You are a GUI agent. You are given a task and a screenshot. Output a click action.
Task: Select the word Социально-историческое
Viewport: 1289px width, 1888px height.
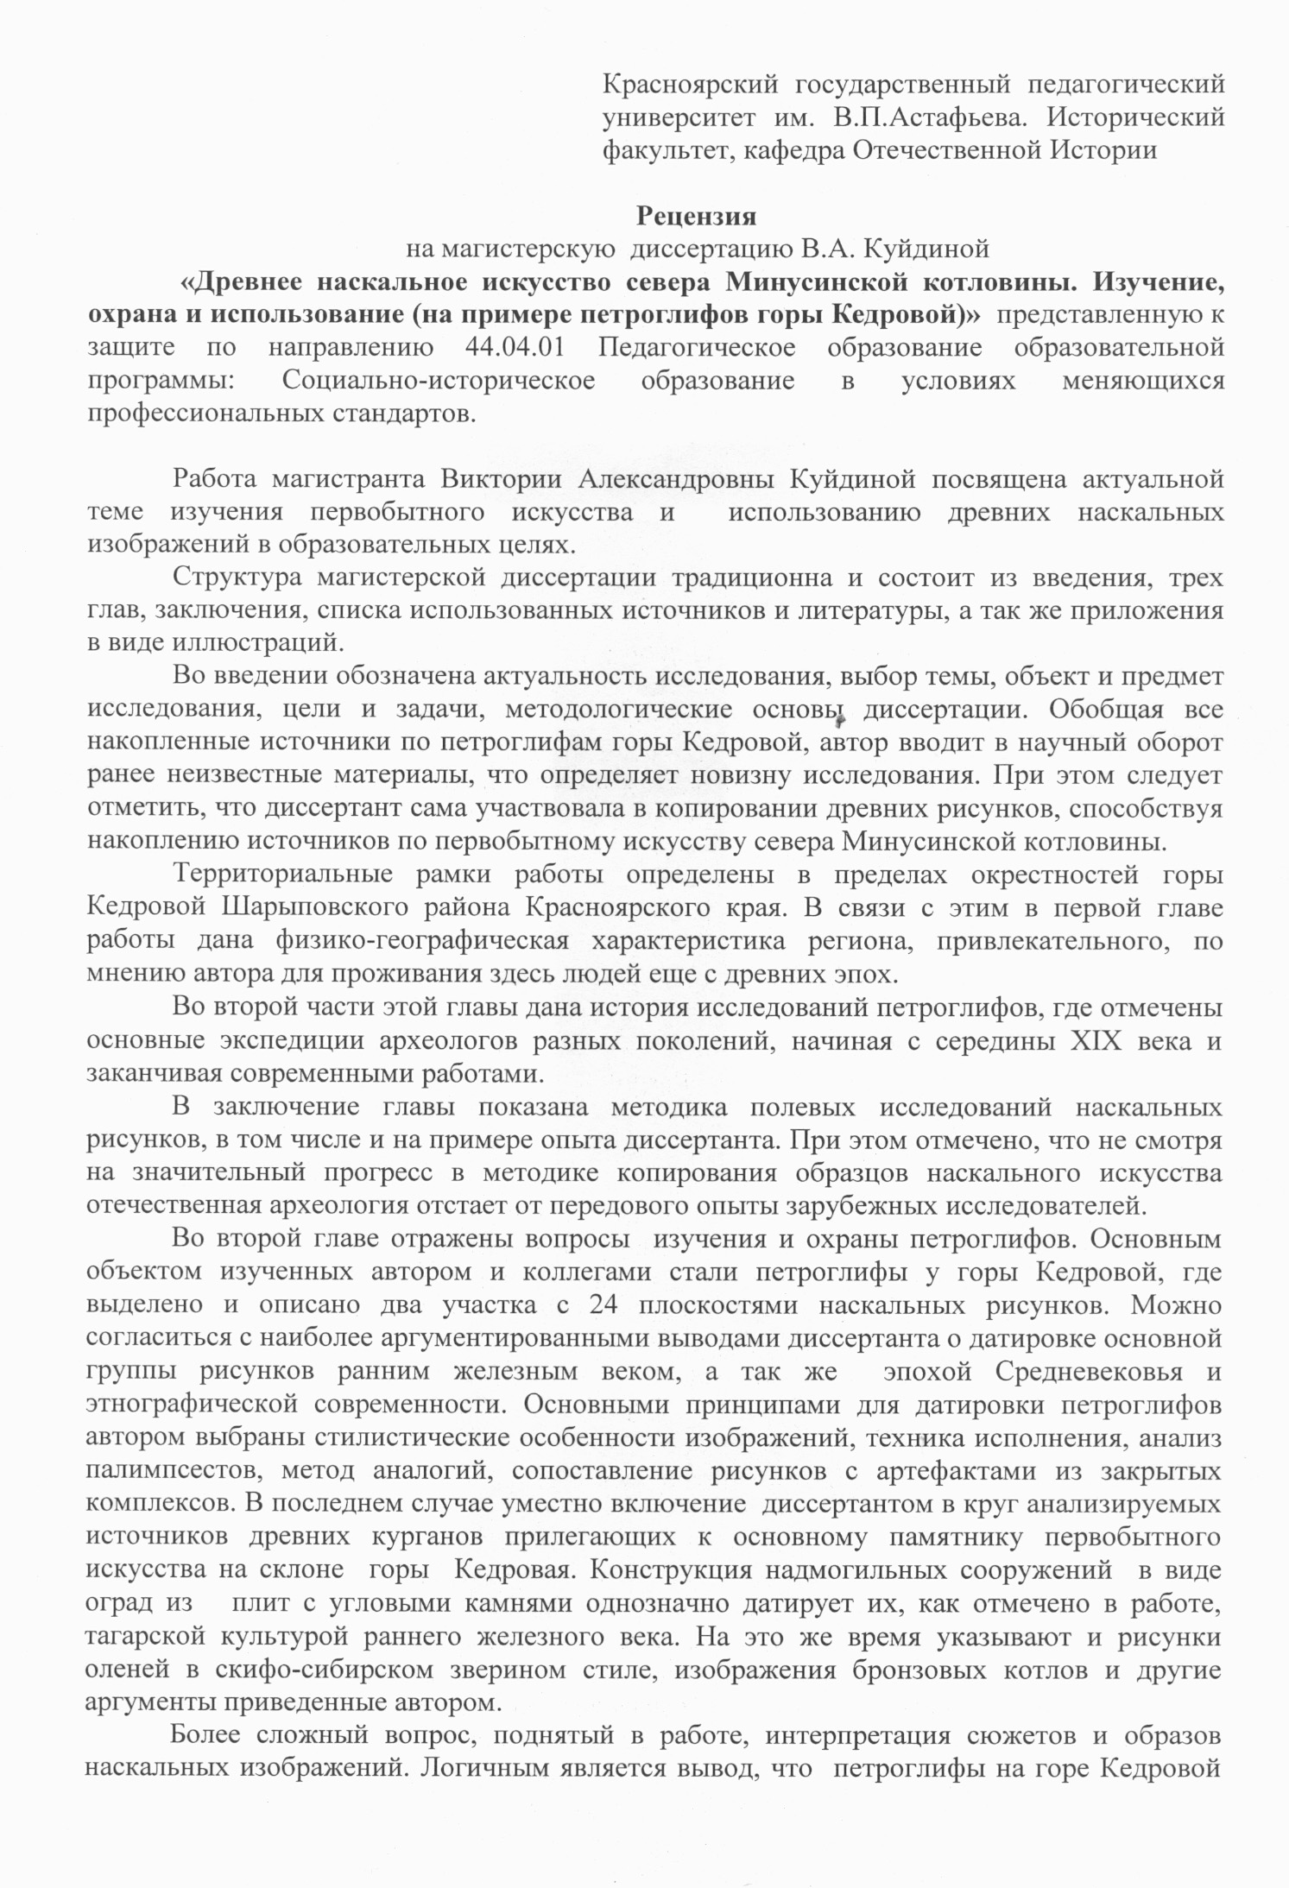[438, 380]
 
